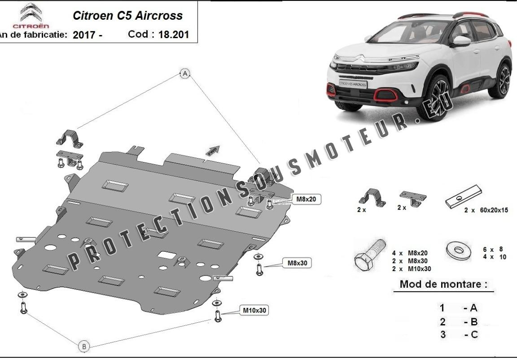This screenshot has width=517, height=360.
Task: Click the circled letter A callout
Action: (x=185, y=74)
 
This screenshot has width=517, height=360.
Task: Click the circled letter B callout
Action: (x=84, y=346)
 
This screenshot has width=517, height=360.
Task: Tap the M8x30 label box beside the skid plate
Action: (x=297, y=263)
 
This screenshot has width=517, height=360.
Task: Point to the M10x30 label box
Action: (x=255, y=310)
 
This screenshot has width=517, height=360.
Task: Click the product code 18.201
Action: (x=173, y=35)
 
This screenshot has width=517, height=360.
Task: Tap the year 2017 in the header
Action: (x=84, y=35)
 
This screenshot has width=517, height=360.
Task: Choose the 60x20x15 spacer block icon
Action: (x=464, y=197)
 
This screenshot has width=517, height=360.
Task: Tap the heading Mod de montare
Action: (x=443, y=284)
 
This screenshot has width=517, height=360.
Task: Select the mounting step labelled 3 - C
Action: (x=458, y=334)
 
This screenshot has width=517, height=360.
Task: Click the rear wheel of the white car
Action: (x=504, y=81)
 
